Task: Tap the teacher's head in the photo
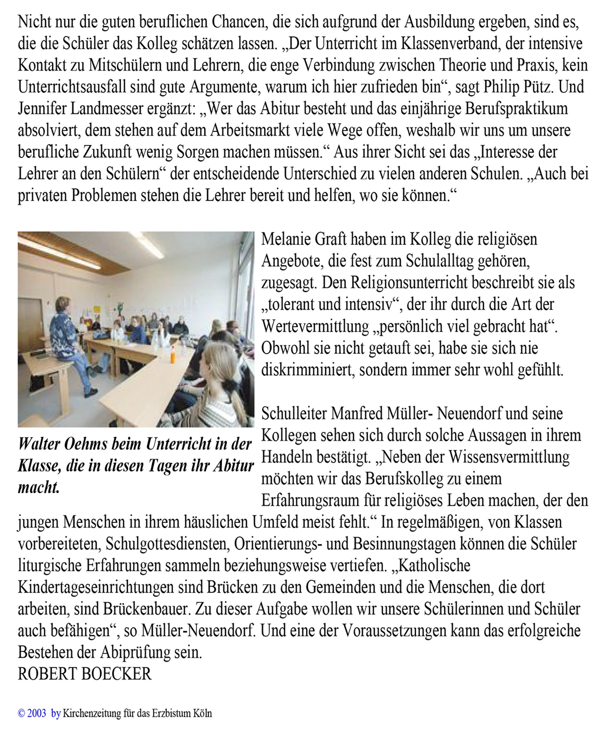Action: [x=63, y=306]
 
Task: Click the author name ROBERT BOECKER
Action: [x=84, y=674]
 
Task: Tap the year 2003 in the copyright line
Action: [x=37, y=713]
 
